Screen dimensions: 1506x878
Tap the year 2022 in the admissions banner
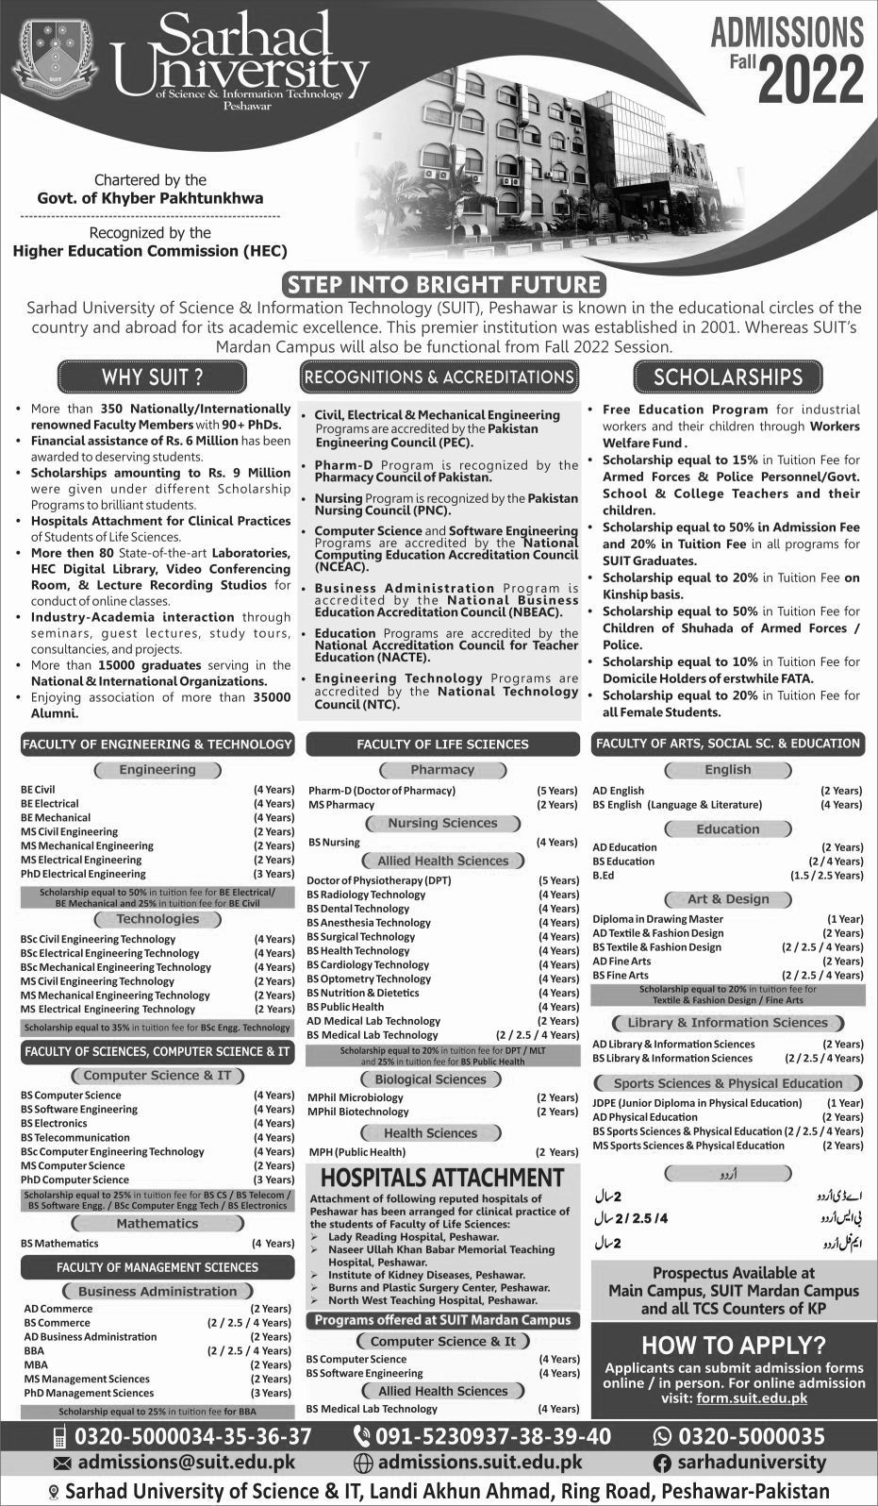tap(810, 80)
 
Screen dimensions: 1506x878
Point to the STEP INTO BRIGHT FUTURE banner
tap(443, 284)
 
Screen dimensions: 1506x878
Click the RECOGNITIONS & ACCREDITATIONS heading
tap(439, 377)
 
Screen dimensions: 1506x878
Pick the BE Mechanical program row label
tap(56, 817)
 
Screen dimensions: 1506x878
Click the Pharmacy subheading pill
tap(442, 770)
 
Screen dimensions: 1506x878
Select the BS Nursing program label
tap(334, 842)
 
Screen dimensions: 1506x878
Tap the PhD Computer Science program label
tap(75, 1180)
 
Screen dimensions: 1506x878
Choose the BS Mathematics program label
tap(59, 1243)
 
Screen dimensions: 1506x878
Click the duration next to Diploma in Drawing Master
tap(844, 918)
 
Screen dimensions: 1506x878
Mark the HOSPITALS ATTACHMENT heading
tap(442, 1178)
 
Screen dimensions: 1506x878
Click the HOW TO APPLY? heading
tap(733, 1344)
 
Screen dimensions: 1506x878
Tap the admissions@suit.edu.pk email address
tap(186, 1463)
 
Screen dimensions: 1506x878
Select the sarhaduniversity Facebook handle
tap(752, 1463)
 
